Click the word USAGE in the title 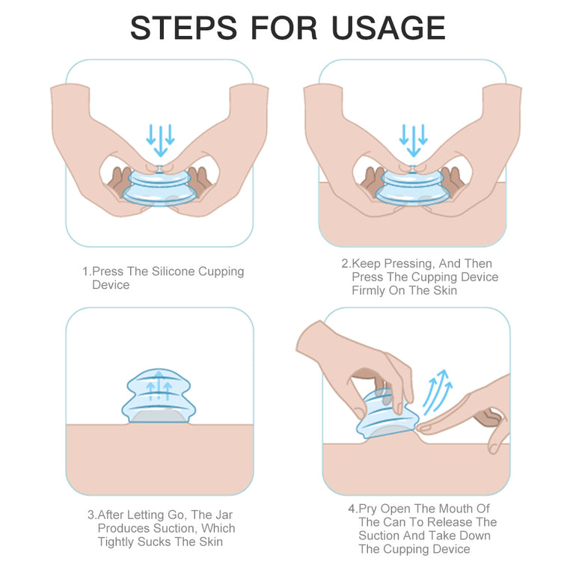(x=388, y=28)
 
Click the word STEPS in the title (x=183, y=28)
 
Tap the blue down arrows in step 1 (x=160, y=141)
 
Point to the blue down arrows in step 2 (x=413, y=141)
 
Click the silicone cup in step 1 (x=160, y=187)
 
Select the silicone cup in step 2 (x=412, y=187)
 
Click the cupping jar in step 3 (x=159, y=396)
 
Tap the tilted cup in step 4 (x=387, y=415)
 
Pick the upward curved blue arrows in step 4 (x=438, y=393)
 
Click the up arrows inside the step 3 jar (x=159, y=386)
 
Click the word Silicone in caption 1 (x=174, y=272)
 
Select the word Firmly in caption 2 (x=369, y=290)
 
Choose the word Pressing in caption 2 (x=410, y=264)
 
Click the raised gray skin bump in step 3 (x=159, y=417)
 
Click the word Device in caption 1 (x=111, y=285)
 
